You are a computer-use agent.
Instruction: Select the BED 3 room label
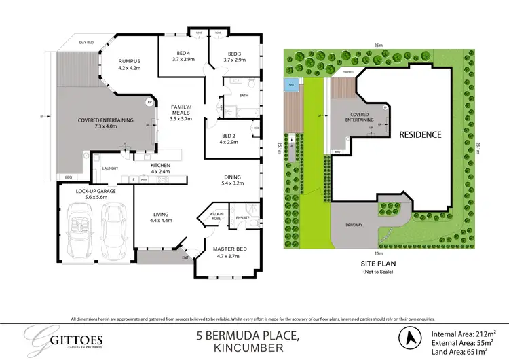click(234, 54)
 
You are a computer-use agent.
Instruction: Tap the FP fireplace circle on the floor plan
click(149, 103)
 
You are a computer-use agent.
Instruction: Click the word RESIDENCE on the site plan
click(419, 134)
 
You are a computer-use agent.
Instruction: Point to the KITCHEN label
click(160, 165)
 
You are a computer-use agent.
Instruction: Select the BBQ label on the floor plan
click(67, 177)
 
